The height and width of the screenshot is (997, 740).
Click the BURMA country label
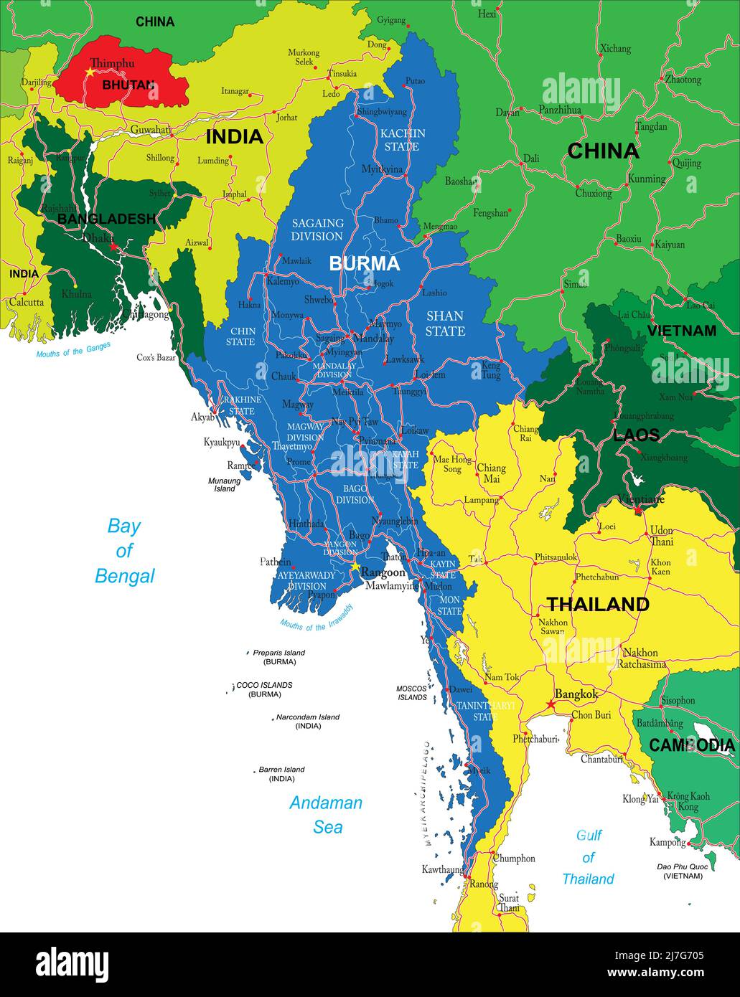[364, 264]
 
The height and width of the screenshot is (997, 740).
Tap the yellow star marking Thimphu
[90, 72]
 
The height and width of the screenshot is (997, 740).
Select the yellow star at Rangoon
[355, 566]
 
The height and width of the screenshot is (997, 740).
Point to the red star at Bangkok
[551, 705]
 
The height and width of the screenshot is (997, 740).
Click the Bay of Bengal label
[124, 551]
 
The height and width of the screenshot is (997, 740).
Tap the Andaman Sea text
[326, 815]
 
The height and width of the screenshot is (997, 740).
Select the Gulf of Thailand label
[588, 857]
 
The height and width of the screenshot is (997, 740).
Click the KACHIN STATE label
[403, 140]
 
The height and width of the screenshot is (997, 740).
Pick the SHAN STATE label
[445, 323]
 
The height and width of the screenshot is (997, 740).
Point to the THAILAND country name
[598, 605]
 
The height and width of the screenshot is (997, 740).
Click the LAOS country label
[636, 435]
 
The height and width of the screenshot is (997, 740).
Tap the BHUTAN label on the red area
[128, 85]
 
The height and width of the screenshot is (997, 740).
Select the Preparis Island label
[278, 653]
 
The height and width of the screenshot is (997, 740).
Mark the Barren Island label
[281, 770]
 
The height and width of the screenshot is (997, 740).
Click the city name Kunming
[646, 179]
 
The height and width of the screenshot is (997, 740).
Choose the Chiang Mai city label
[491, 473]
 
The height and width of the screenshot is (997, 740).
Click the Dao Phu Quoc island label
[683, 867]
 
